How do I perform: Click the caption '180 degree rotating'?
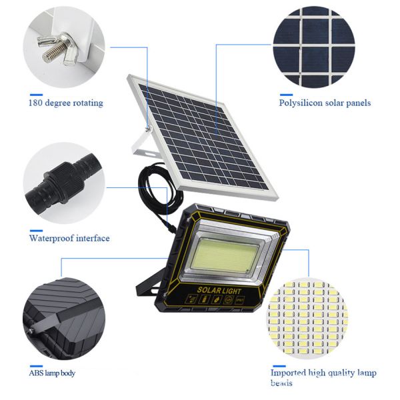[x=65, y=103]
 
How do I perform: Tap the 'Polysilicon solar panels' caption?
[x=325, y=103]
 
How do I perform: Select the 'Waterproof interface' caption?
[x=69, y=238]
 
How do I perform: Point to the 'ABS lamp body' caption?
[x=52, y=373]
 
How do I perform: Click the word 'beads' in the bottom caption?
[x=281, y=383]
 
